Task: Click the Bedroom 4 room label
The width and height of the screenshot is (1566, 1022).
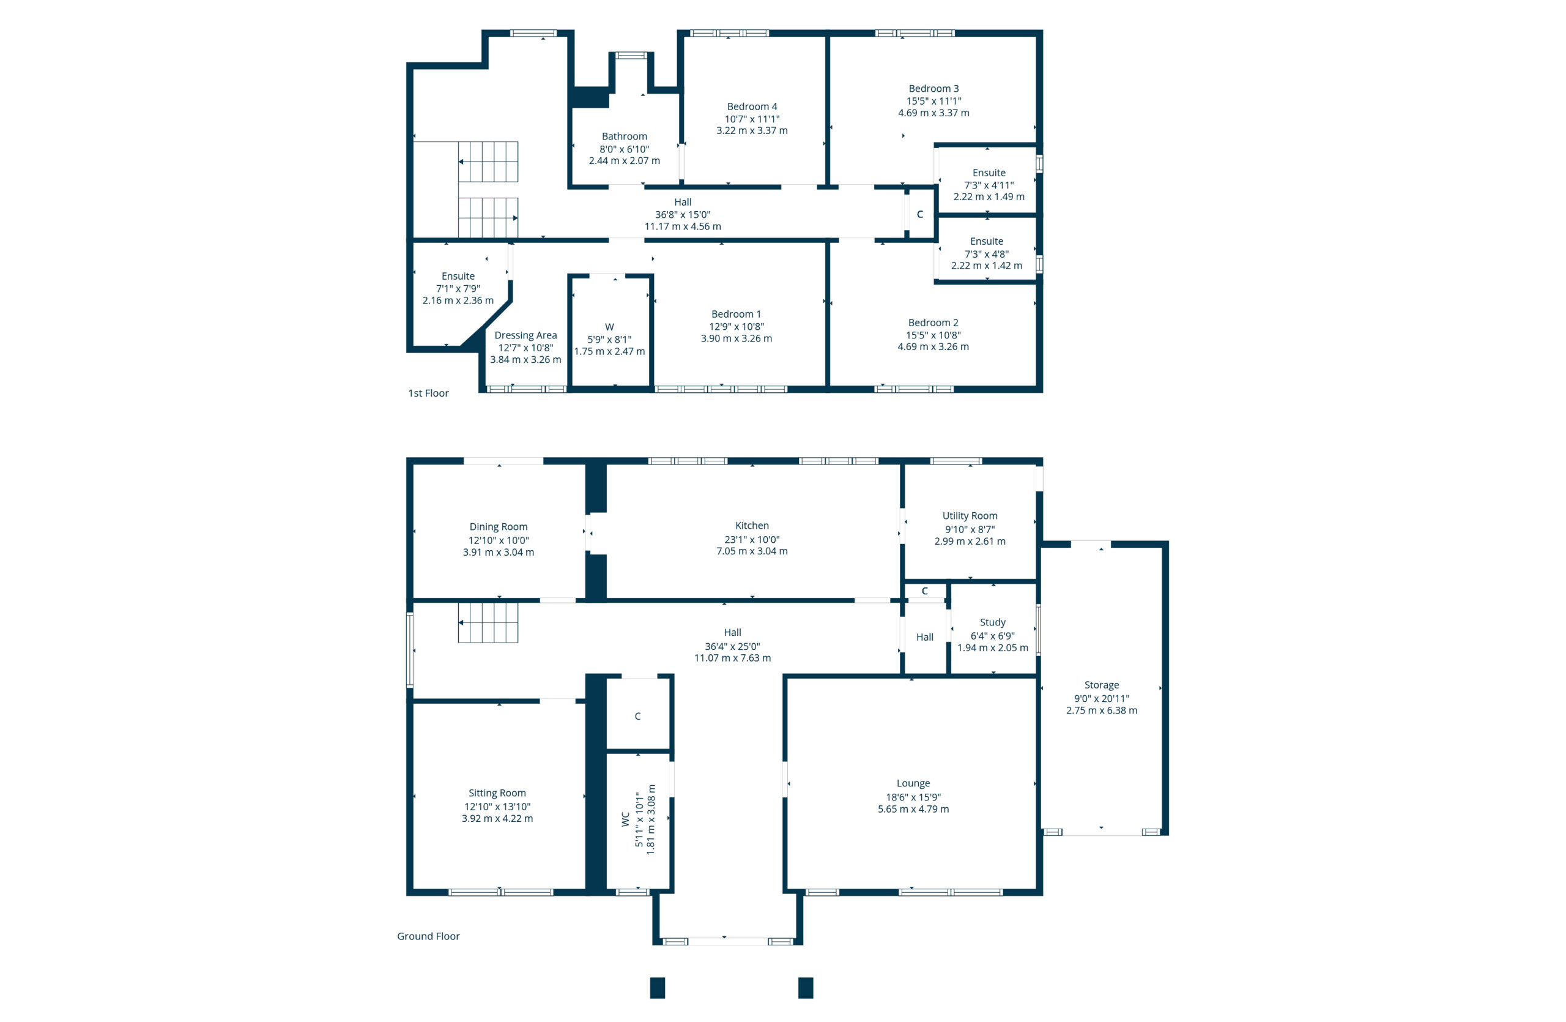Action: (751, 106)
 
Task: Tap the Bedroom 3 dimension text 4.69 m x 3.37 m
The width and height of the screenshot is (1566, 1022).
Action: (933, 113)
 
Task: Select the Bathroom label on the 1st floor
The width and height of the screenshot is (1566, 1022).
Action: (624, 136)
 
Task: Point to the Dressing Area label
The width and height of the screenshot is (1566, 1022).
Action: (525, 335)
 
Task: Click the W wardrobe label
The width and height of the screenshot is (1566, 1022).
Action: (609, 327)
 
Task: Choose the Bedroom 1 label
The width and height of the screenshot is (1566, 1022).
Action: (736, 314)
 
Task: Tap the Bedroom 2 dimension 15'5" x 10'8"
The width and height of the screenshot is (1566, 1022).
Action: (933, 335)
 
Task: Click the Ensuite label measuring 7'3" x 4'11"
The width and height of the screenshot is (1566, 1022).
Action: (989, 173)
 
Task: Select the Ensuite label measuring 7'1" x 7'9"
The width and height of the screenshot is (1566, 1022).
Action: (458, 277)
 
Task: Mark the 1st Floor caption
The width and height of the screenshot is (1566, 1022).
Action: (428, 393)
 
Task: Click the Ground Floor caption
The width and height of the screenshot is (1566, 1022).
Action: (428, 936)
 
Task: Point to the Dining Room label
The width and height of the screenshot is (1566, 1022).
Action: (498, 526)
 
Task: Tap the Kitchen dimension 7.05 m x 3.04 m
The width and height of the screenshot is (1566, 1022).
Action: (751, 551)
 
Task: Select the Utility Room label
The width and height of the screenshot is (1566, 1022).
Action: (969, 516)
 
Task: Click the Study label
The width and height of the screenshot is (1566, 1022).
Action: (992, 622)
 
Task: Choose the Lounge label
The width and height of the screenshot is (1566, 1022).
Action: (913, 783)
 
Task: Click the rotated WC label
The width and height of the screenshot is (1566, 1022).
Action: (625, 819)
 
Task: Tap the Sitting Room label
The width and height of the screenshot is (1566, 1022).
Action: (497, 793)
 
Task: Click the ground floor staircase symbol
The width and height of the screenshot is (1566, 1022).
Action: (488, 622)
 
